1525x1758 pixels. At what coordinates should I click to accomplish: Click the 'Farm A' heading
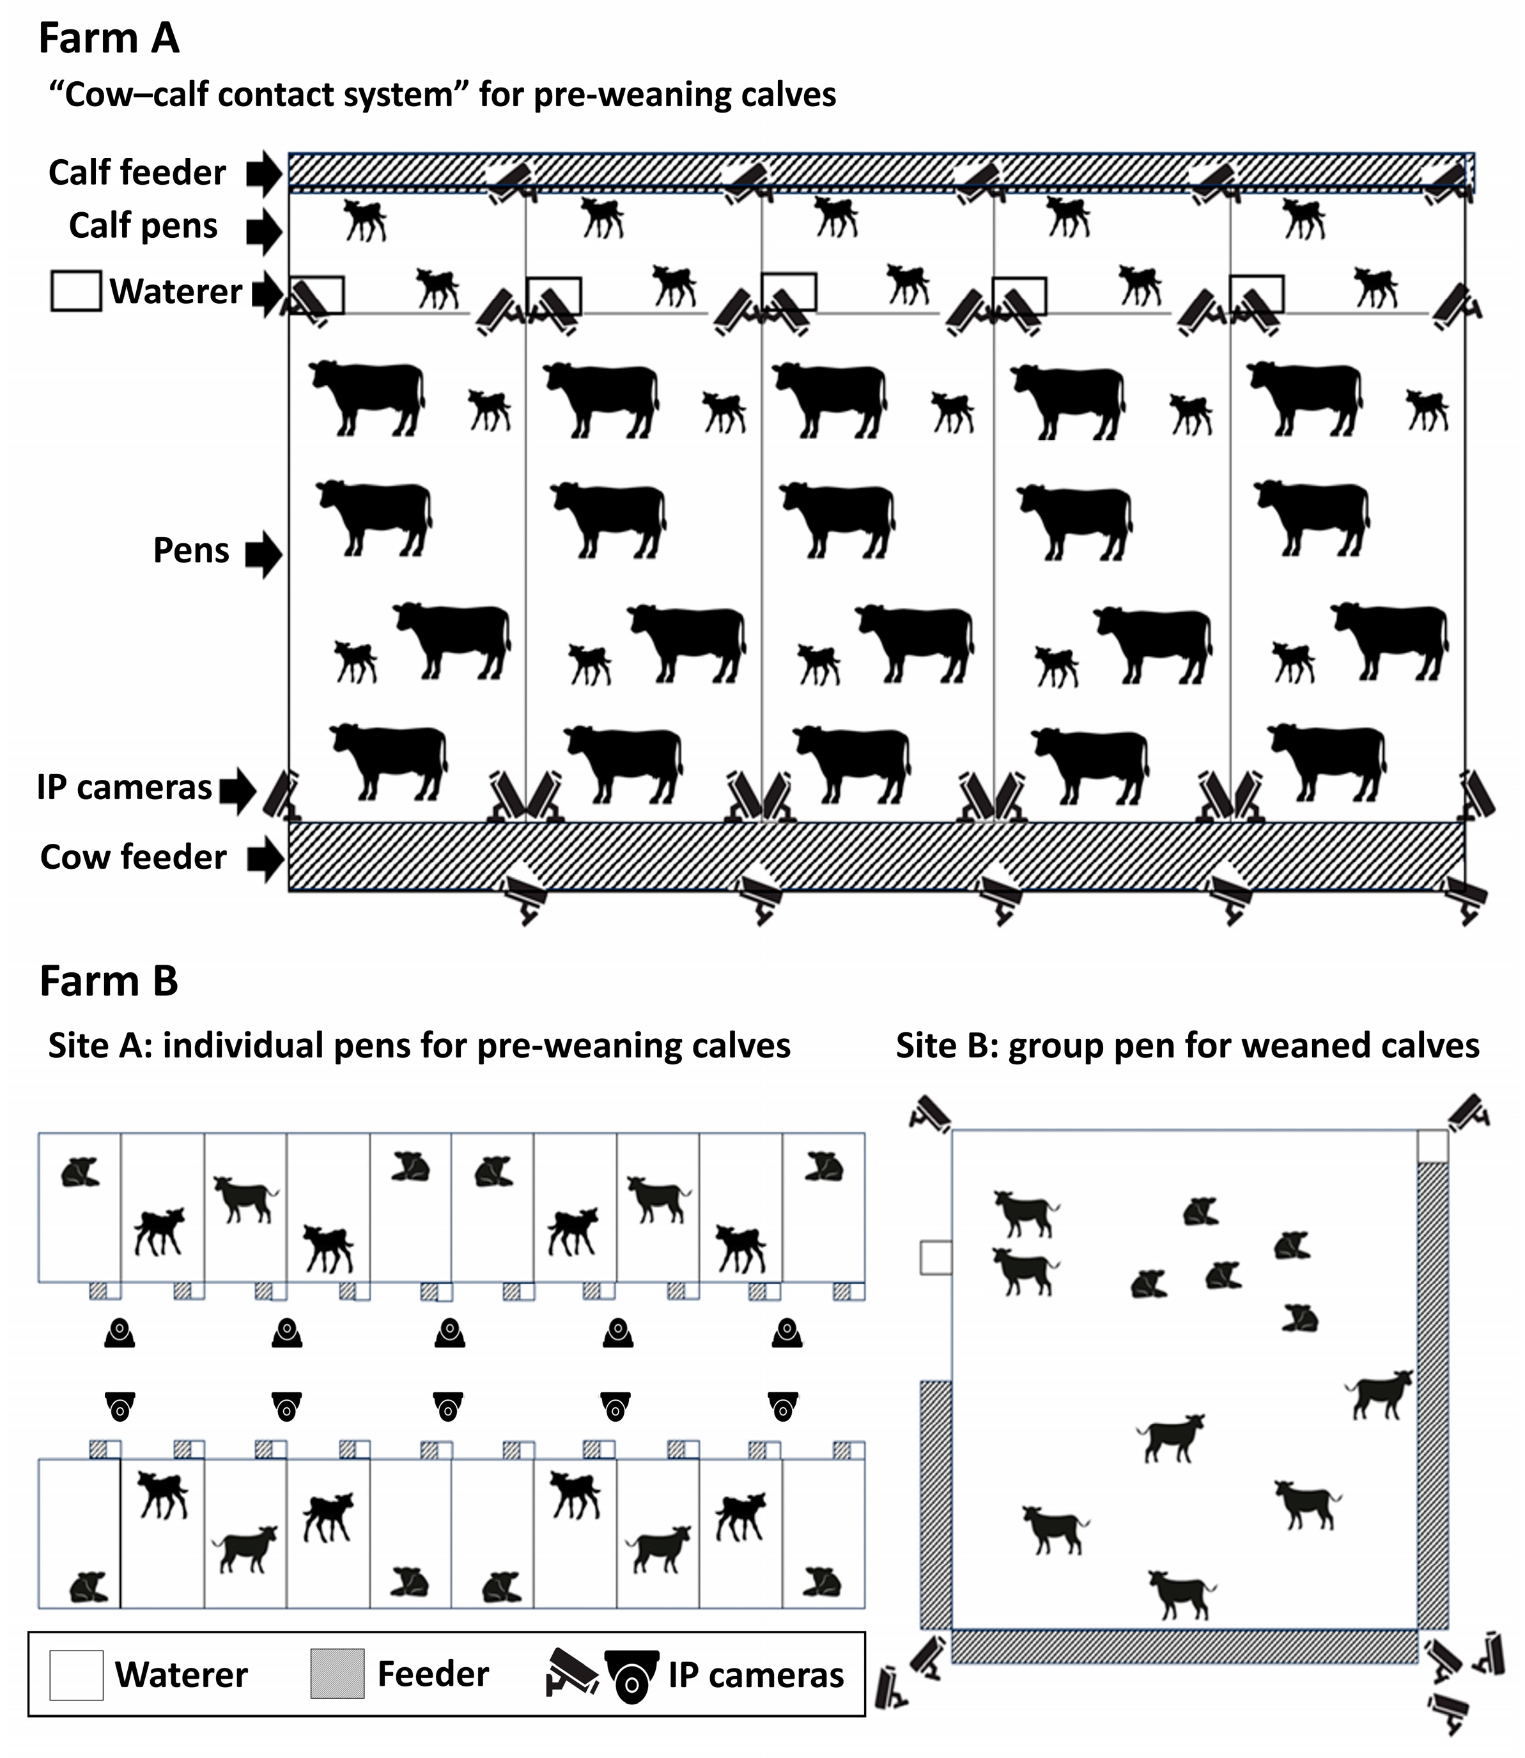109,39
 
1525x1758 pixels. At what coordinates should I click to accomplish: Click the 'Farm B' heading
109,981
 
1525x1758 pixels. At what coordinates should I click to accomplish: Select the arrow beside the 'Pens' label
264,554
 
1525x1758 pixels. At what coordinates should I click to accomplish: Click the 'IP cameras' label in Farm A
124,788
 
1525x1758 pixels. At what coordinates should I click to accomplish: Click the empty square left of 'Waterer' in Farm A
76,291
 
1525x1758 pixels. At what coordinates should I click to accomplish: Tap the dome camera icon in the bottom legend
631,1676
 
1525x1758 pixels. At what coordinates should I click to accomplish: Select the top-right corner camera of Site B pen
1469,1112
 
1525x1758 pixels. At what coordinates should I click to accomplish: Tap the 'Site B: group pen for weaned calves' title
1187,1045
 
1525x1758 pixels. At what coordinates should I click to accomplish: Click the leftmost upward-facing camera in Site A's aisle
120,1332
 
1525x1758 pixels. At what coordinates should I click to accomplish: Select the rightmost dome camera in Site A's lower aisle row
783,1406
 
